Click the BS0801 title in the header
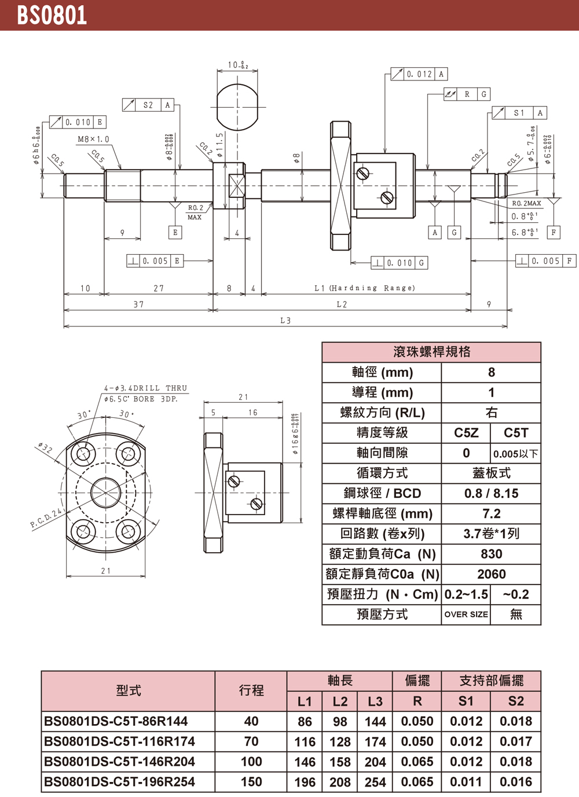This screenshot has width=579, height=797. (x=52, y=15)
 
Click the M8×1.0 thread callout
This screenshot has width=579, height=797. (x=93, y=139)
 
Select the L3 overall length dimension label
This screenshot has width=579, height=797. (x=285, y=321)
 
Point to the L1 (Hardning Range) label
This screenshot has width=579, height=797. (x=365, y=288)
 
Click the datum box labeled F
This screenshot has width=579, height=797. (x=554, y=232)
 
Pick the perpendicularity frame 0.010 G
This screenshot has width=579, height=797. (x=400, y=263)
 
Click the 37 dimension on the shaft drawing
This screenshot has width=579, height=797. (x=138, y=304)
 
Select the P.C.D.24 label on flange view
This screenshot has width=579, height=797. (x=46, y=519)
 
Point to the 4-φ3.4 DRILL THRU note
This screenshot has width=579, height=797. (x=145, y=388)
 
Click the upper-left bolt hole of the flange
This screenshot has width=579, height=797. (x=83, y=453)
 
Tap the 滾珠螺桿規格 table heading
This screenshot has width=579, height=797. (x=431, y=352)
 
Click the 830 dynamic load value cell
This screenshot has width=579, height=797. (x=491, y=554)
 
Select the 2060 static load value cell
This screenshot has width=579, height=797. (x=491, y=574)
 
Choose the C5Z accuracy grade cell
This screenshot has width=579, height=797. (x=466, y=433)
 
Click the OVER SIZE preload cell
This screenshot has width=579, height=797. (x=466, y=615)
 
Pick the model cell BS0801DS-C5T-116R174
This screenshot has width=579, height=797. (x=120, y=741)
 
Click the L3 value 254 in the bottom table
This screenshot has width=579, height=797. (x=375, y=782)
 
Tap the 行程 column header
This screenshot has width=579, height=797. (x=251, y=691)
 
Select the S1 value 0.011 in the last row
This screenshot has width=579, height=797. (x=466, y=782)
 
